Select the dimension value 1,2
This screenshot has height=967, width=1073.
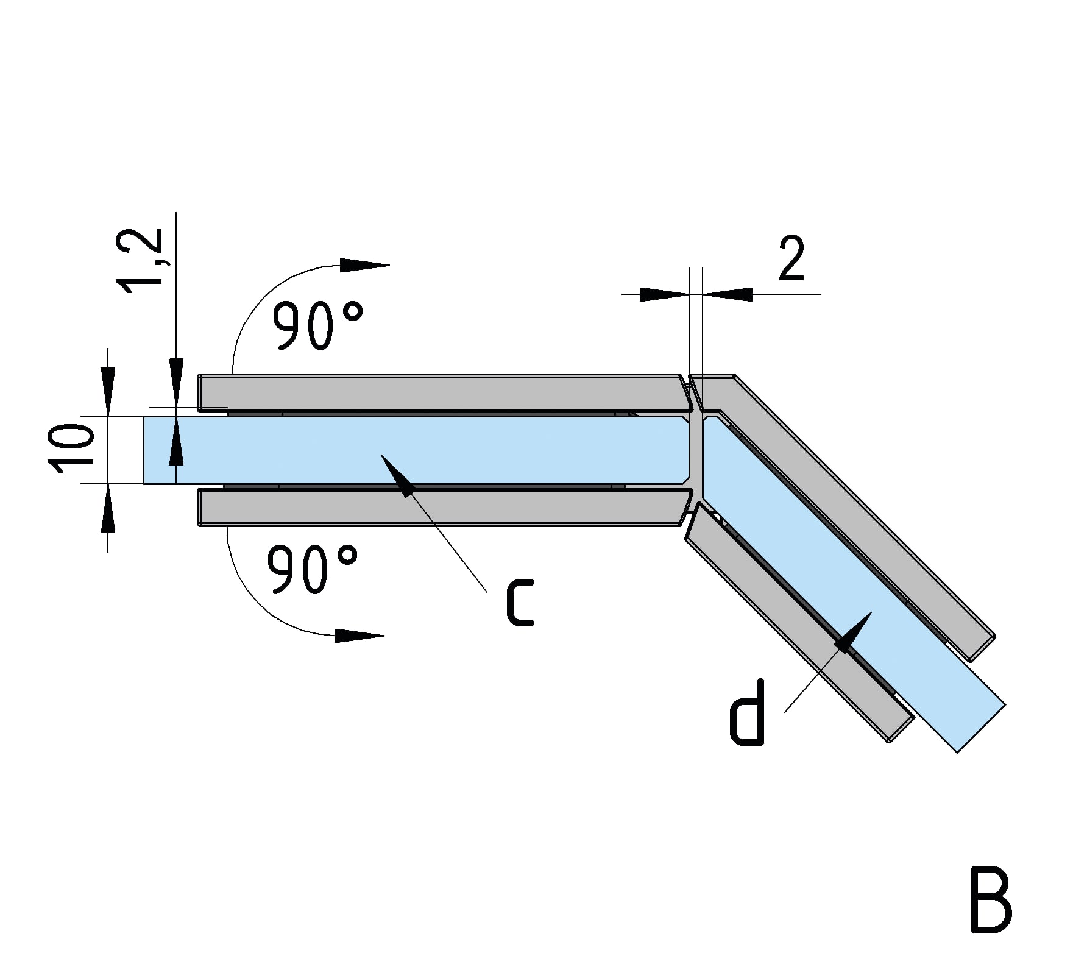(141, 260)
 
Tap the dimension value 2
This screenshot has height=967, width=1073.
(791, 258)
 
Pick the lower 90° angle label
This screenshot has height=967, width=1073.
(312, 569)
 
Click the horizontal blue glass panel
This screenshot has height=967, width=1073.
(414, 450)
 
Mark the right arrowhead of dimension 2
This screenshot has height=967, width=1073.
(728, 294)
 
